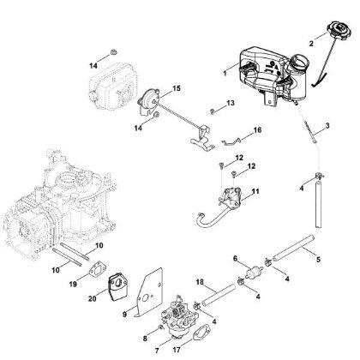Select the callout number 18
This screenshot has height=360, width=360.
click(201, 282)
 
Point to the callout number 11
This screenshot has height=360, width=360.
click(256, 190)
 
